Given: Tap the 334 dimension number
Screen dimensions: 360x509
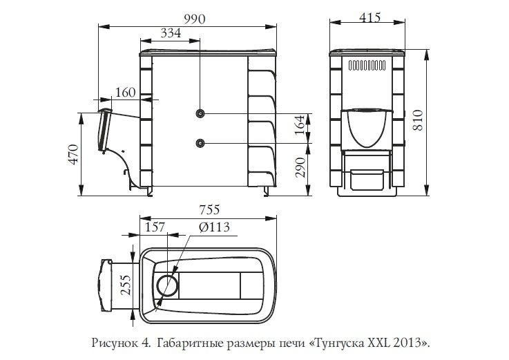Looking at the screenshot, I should click(x=172, y=32).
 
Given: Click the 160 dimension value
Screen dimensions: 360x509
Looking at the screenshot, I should click(x=126, y=93).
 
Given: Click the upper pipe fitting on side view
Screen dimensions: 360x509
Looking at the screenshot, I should click(x=200, y=113).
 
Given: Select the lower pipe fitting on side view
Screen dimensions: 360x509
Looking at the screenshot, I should click(x=200, y=142).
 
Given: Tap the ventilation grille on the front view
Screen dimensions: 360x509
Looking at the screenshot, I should click(x=366, y=66).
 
